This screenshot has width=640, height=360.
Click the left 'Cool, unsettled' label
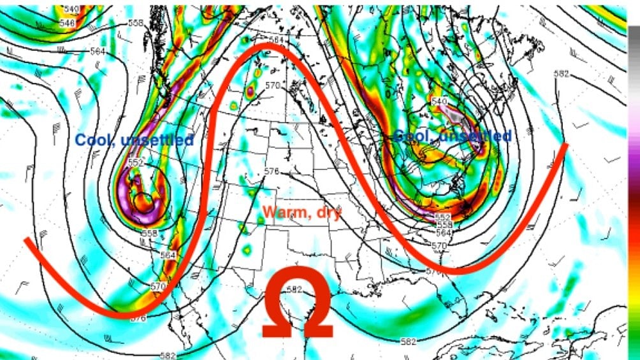pos(135,140)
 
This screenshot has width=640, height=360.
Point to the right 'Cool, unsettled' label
pos(452,136)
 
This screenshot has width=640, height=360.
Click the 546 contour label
pos(66,23)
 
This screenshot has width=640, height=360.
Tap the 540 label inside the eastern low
pos(439,102)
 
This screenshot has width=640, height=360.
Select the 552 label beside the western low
pos(135,162)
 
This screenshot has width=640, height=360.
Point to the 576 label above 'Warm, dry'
pos(272,171)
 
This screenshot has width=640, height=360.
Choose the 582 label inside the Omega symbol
pos(294,289)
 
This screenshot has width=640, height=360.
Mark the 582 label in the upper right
pos(561,74)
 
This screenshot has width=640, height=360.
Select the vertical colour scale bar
pos(634,191)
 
